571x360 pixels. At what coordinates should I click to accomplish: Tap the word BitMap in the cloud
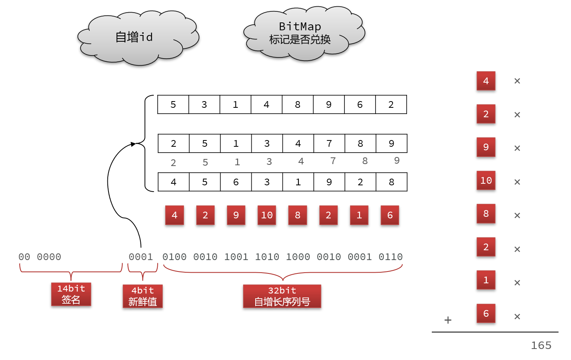pyautogui.click(x=300, y=26)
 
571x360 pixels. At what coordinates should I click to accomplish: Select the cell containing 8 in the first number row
pyautogui.click(x=298, y=105)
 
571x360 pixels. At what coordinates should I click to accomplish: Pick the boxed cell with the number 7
pyautogui.click(x=329, y=144)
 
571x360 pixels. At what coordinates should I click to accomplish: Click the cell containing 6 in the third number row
pyautogui.click(x=236, y=182)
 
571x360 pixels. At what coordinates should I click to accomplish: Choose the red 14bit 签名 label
pyautogui.click(x=71, y=294)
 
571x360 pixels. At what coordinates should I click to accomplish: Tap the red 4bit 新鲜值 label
pyautogui.click(x=142, y=296)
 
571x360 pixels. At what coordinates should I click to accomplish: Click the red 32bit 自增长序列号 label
pyautogui.click(x=282, y=296)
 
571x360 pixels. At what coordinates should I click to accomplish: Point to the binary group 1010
pyautogui.click(x=267, y=257)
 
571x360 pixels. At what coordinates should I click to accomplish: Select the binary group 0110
pyautogui.click(x=390, y=257)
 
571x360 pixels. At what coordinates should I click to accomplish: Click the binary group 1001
pyautogui.click(x=236, y=257)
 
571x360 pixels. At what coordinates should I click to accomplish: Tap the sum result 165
pyautogui.click(x=541, y=345)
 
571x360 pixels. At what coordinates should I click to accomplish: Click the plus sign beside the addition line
pyautogui.click(x=448, y=320)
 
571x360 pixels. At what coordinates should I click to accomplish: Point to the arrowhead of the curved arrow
pyautogui.click(x=133, y=144)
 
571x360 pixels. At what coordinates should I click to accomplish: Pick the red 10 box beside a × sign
pyautogui.click(x=486, y=181)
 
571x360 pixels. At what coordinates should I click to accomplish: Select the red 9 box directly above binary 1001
pyautogui.click(x=236, y=215)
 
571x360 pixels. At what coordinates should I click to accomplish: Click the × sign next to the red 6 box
pyautogui.click(x=517, y=316)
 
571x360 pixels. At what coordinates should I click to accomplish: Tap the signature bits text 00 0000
pyautogui.click(x=40, y=257)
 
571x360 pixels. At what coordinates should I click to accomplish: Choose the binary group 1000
pyautogui.click(x=298, y=257)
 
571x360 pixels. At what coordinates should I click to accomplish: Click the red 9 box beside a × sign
pyautogui.click(x=486, y=147)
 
